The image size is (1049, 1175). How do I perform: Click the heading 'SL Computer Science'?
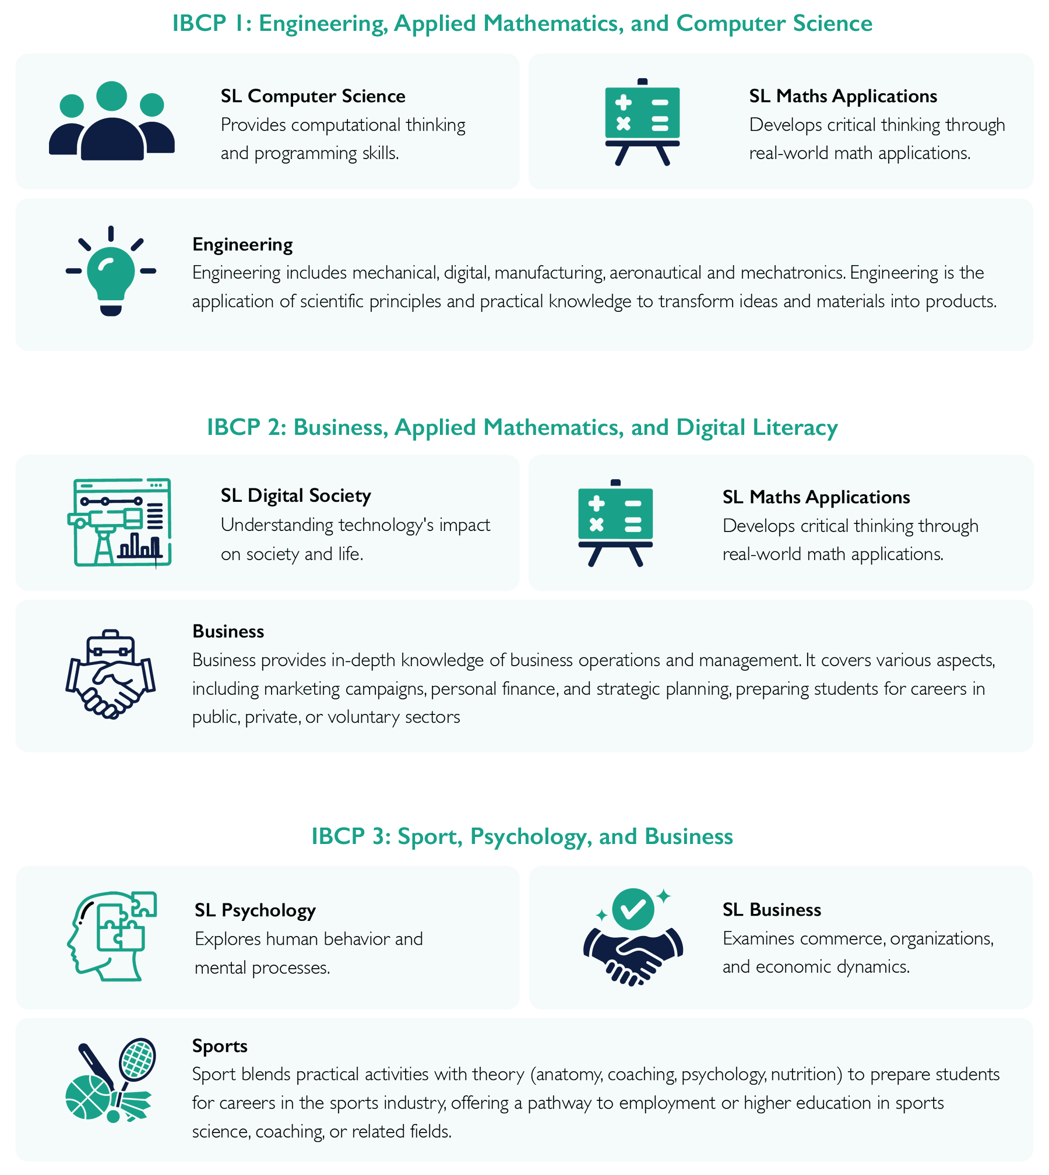(x=312, y=96)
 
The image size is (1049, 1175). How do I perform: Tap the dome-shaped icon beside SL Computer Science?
(x=112, y=140)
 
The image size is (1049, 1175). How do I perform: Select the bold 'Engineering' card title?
(x=242, y=244)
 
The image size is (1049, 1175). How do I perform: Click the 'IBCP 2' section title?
(x=522, y=427)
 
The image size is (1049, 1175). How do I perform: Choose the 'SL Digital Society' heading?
(x=295, y=495)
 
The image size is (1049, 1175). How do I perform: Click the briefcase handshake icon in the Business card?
(x=111, y=674)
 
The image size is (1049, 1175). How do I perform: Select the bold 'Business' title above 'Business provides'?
(x=228, y=631)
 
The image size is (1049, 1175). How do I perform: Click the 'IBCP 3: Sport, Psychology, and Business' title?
(x=522, y=836)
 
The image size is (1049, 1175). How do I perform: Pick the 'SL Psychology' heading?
(x=255, y=910)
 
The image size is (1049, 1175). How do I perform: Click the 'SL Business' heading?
(x=772, y=910)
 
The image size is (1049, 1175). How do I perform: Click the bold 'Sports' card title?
(x=220, y=1046)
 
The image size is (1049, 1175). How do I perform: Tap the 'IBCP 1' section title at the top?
(x=522, y=23)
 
